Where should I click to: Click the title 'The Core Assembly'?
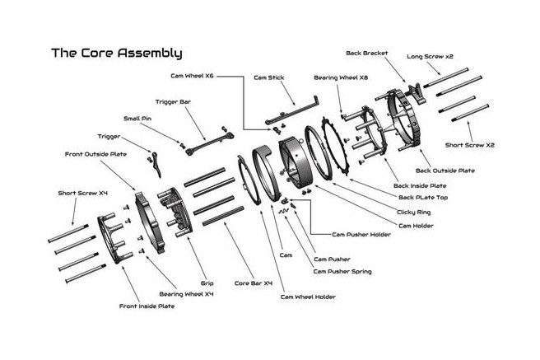click(x=116, y=54)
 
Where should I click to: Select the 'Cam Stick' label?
click(x=268, y=77)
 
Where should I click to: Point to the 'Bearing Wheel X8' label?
click(x=341, y=77)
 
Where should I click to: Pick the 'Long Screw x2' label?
click(x=431, y=57)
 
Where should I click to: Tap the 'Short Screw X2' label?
click(x=471, y=144)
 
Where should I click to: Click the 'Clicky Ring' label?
click(x=417, y=212)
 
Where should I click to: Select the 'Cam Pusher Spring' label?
click(x=342, y=271)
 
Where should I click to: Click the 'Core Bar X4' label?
click(x=253, y=282)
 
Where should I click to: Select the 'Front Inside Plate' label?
click(x=147, y=306)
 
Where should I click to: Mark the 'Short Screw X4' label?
click(x=83, y=194)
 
